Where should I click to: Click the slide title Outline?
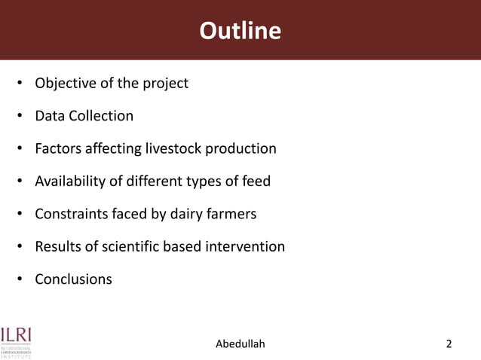coord(240,31)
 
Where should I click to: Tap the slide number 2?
coord(449,344)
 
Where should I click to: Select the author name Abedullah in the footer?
coord(240,344)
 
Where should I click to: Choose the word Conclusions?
coord(73,279)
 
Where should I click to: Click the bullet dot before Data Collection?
coord(20,117)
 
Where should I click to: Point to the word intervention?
coord(245,246)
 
